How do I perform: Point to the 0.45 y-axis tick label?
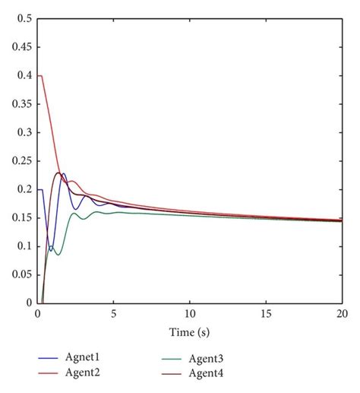[20, 46]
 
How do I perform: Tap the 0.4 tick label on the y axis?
[22, 75]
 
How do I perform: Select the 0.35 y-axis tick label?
[20, 103]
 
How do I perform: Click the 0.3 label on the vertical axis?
[22, 132]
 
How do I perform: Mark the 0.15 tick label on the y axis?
[20, 217]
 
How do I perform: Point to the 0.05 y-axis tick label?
[20, 274]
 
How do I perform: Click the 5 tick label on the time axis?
[113, 313]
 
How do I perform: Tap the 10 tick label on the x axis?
[189, 313]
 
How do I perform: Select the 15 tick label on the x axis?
[266, 313]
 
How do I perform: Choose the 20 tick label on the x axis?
[342, 313]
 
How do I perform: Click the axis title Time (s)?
[189, 332]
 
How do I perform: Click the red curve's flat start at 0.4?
[40, 76]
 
